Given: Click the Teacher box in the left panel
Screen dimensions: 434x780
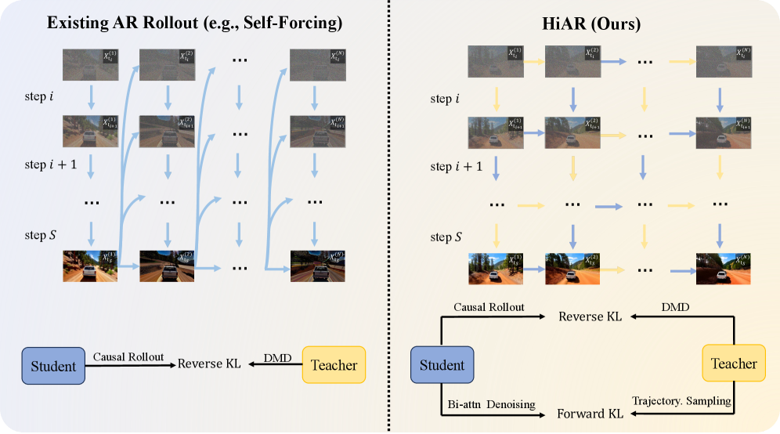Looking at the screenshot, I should coord(334,365).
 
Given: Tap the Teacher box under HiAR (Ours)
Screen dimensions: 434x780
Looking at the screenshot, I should coord(735,363).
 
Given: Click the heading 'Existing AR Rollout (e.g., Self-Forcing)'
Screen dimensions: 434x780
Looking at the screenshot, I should coord(194,24).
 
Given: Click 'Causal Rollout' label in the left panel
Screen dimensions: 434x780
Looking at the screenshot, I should coord(129,356).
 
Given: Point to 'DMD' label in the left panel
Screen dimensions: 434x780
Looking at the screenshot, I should coord(276,357).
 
